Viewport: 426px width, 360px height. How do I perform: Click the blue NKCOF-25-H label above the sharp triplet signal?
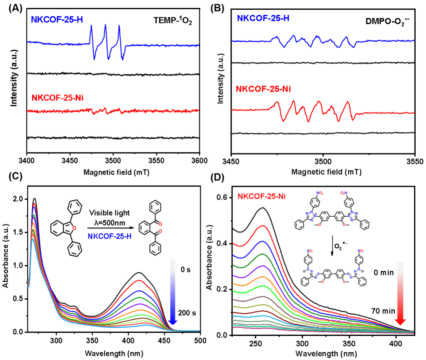coord(57,19)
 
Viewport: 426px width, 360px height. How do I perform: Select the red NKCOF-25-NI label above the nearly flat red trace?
coord(58,98)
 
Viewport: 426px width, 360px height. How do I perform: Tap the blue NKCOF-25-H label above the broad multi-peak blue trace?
coord(263,18)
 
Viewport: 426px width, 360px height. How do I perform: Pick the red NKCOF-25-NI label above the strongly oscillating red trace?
coord(263,89)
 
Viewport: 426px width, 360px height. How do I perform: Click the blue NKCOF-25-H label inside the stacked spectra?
coord(110,236)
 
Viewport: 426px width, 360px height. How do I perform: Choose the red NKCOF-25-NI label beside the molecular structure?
coord(262,196)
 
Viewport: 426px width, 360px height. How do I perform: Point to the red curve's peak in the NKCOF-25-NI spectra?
coord(262,226)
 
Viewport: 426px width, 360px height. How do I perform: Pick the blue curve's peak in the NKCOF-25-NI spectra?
coord(262,241)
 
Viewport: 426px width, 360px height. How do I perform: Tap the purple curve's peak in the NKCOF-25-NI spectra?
coord(262,266)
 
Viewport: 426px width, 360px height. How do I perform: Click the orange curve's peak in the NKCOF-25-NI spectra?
coord(262,277)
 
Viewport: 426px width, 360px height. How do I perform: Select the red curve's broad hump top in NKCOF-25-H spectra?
coord(139,280)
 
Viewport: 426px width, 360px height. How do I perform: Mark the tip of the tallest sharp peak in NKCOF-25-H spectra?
coord(34,203)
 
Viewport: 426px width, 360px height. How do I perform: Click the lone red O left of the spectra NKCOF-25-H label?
coord(74,228)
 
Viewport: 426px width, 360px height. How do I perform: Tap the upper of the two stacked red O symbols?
coord(161,224)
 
